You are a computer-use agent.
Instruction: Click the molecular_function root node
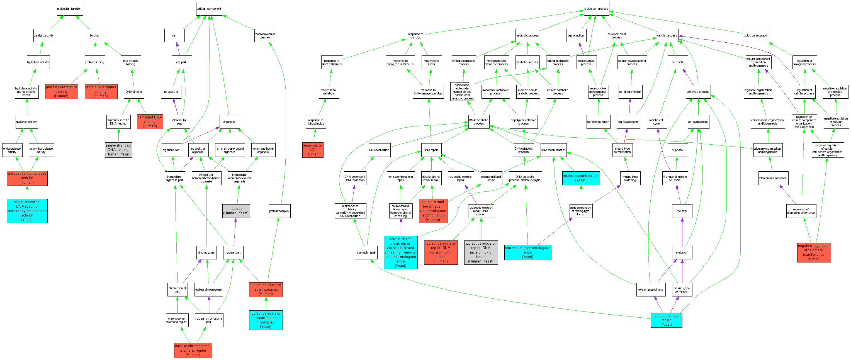(69, 9)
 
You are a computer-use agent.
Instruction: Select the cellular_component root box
(209, 9)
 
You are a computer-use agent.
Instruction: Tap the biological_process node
(596, 9)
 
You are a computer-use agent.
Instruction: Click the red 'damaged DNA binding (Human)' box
(150, 121)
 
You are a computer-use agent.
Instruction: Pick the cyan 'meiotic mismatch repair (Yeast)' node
(666, 320)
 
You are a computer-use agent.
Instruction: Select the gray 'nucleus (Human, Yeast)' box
(236, 211)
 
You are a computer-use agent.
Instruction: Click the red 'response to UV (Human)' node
(313, 150)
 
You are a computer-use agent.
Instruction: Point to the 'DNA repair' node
(431, 150)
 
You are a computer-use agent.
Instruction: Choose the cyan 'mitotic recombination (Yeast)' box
(581, 178)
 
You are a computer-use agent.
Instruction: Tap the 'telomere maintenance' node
(773, 178)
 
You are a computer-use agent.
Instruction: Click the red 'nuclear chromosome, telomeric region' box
(193, 351)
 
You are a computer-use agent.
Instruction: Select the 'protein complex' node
(279, 211)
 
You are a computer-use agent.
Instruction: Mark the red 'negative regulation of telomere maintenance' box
(814, 252)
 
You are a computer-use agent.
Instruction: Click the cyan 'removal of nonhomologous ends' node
(527, 252)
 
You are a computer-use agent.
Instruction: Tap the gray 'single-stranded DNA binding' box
(118, 150)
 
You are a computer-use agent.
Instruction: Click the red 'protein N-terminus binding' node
(62, 91)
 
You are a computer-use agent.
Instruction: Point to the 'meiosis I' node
(682, 253)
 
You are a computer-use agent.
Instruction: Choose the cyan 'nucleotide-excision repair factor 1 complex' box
(266, 320)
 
